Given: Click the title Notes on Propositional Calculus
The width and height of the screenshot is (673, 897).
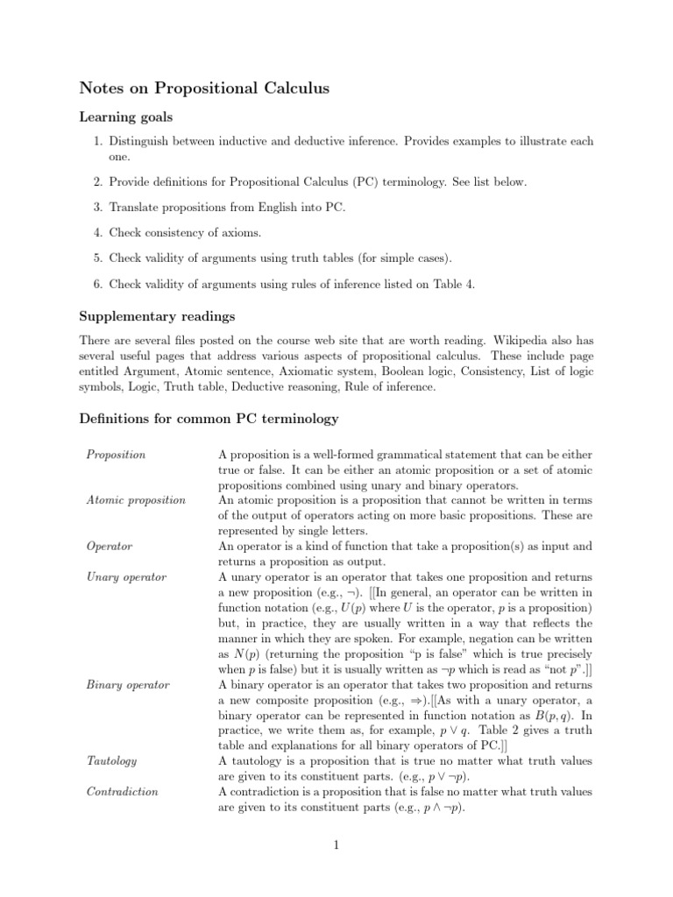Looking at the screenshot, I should [x=205, y=88].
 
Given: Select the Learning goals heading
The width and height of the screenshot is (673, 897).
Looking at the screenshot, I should [x=125, y=116].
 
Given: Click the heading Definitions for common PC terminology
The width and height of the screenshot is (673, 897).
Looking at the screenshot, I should [x=209, y=419].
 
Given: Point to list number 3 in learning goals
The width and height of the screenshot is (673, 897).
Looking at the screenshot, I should [x=99, y=208].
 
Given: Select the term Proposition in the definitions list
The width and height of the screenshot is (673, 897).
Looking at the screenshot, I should [x=116, y=455].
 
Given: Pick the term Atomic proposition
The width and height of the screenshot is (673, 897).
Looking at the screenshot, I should [x=136, y=500].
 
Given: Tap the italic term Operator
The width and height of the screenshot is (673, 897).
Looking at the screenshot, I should [x=110, y=546].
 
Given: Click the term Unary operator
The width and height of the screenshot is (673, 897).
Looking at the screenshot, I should [x=126, y=577].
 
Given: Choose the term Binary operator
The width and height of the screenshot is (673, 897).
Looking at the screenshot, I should [x=128, y=683].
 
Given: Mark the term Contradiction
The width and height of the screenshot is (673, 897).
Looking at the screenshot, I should [x=122, y=792].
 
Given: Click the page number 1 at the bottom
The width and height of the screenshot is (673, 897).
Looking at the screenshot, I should [x=336, y=845].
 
